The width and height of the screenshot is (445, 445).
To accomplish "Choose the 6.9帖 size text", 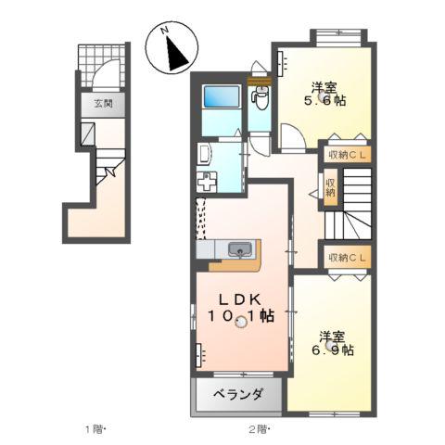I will tap(331, 350).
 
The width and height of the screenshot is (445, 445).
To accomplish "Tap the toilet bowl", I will tap(261, 95).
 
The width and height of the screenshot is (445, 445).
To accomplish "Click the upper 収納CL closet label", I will tap(347, 155).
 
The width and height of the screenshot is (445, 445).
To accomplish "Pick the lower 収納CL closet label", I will tap(347, 257).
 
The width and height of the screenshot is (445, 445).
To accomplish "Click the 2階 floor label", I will tap(259, 429).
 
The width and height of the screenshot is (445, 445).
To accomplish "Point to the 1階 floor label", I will tap(96, 429).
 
